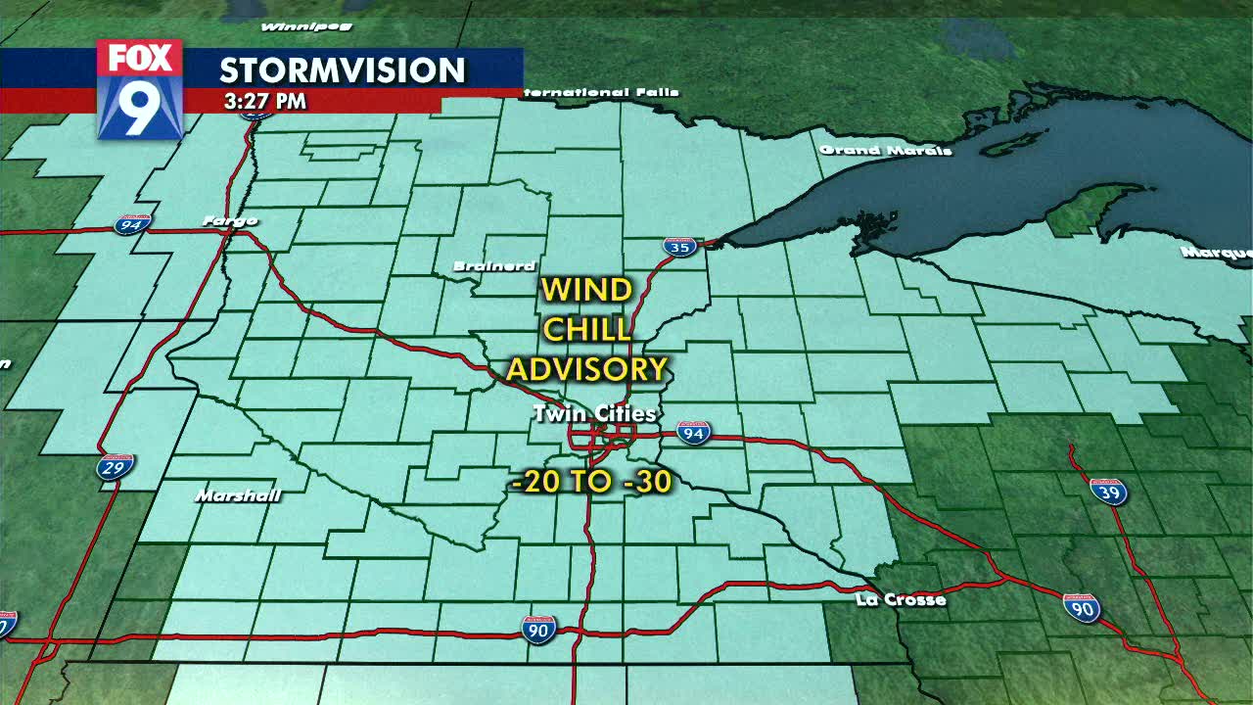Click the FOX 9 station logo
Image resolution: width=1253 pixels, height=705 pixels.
140,89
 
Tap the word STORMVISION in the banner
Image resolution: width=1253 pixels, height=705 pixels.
343,70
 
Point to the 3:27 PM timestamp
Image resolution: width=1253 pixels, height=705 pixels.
264,101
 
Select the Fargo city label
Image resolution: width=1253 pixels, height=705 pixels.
230,221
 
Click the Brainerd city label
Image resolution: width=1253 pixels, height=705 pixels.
494,266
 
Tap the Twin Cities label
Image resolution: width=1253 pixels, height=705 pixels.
595,414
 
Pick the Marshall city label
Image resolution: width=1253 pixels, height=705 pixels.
238,496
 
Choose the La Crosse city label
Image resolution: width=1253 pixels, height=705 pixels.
901,599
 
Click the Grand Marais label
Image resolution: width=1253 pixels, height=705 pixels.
886,151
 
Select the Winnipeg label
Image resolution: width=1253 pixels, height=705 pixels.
292,26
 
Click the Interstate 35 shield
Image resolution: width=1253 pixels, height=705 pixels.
679,247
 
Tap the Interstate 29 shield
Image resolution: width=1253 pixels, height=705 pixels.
116,466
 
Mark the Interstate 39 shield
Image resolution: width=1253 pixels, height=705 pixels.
1109,492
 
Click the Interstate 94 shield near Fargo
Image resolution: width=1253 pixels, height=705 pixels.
131,225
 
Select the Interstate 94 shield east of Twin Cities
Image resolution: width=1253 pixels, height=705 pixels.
693,433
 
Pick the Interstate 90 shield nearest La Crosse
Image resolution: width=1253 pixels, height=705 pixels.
1082,609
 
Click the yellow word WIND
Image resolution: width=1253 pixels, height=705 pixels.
586,291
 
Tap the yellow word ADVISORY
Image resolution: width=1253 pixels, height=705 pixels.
586,369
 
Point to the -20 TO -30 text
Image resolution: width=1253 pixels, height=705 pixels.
591,482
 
